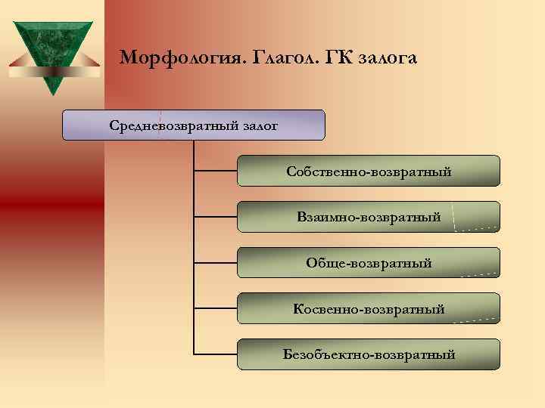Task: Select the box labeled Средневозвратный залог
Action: point(193,125)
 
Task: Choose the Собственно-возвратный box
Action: point(369,171)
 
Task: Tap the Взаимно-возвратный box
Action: point(369,217)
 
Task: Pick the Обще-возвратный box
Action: point(369,263)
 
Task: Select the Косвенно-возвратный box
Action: point(369,308)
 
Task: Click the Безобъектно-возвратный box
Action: point(369,354)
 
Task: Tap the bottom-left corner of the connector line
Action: point(195,354)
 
